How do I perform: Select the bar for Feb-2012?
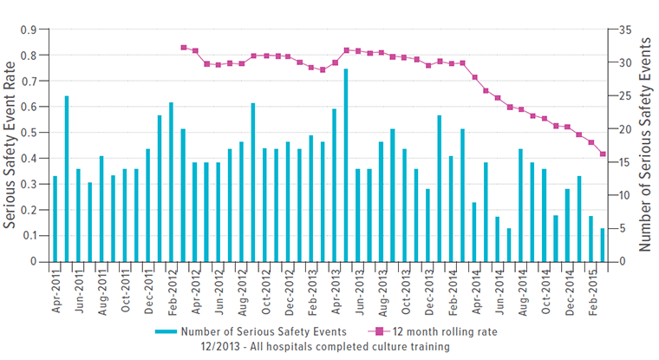(172, 182)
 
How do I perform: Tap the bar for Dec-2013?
(427, 225)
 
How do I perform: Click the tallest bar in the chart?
(346, 165)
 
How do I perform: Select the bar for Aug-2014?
(521, 205)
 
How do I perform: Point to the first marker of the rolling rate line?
(184, 48)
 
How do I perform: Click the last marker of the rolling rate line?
(603, 154)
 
